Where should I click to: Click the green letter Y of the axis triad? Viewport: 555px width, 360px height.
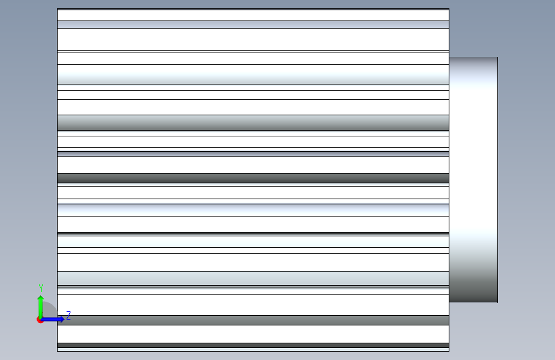[x=41, y=288]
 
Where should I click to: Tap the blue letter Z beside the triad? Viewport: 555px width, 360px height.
[x=68, y=315]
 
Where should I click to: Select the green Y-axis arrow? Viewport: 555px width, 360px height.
[x=41, y=307]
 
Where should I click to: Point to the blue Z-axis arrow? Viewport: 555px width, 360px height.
[x=52, y=319]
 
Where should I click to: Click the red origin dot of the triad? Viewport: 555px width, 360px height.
[x=40, y=320]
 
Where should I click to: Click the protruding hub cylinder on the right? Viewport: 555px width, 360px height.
[x=473, y=179]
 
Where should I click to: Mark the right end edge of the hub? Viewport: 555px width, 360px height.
[x=497, y=179]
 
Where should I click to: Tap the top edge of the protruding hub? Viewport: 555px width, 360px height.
[x=473, y=58]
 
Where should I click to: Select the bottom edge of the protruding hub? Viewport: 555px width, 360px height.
[x=473, y=302]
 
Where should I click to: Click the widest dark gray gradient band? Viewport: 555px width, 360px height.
[x=253, y=122]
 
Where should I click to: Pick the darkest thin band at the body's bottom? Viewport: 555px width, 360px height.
[x=253, y=345]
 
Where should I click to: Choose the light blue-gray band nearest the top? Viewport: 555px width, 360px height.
[x=253, y=25]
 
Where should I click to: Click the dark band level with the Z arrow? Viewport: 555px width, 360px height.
[x=253, y=320]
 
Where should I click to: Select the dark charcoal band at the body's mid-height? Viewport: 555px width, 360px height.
[x=253, y=177]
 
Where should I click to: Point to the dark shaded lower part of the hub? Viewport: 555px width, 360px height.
[x=473, y=284]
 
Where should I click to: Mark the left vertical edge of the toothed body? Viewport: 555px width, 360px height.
[x=58, y=179]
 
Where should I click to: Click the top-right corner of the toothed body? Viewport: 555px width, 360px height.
[x=449, y=9]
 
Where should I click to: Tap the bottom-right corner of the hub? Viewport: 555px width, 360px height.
[x=497, y=302]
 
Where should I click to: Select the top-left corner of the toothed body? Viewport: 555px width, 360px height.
[x=58, y=9]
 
